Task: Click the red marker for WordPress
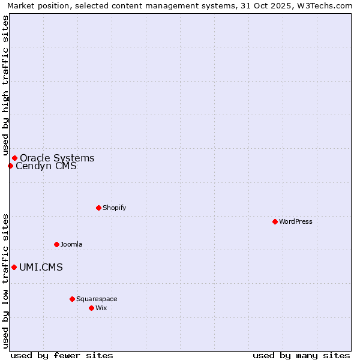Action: (x=275, y=221)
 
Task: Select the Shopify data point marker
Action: (x=98, y=208)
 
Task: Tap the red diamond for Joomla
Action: (x=56, y=244)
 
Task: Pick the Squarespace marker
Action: (x=72, y=299)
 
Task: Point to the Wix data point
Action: (x=91, y=308)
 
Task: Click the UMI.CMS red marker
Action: (x=14, y=267)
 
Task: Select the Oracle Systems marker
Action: (x=14, y=158)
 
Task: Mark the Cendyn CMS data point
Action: (x=10, y=166)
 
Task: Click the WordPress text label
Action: (x=296, y=221)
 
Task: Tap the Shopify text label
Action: (x=114, y=208)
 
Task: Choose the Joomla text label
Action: (x=71, y=244)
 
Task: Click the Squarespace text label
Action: (x=97, y=299)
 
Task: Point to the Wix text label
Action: (x=101, y=308)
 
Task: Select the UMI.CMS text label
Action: (x=41, y=268)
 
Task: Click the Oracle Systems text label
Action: (x=57, y=158)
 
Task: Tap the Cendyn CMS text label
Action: (x=46, y=166)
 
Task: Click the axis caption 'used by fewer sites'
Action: (x=62, y=355)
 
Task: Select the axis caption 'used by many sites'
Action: (x=301, y=355)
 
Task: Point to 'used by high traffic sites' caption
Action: (x=5, y=86)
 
